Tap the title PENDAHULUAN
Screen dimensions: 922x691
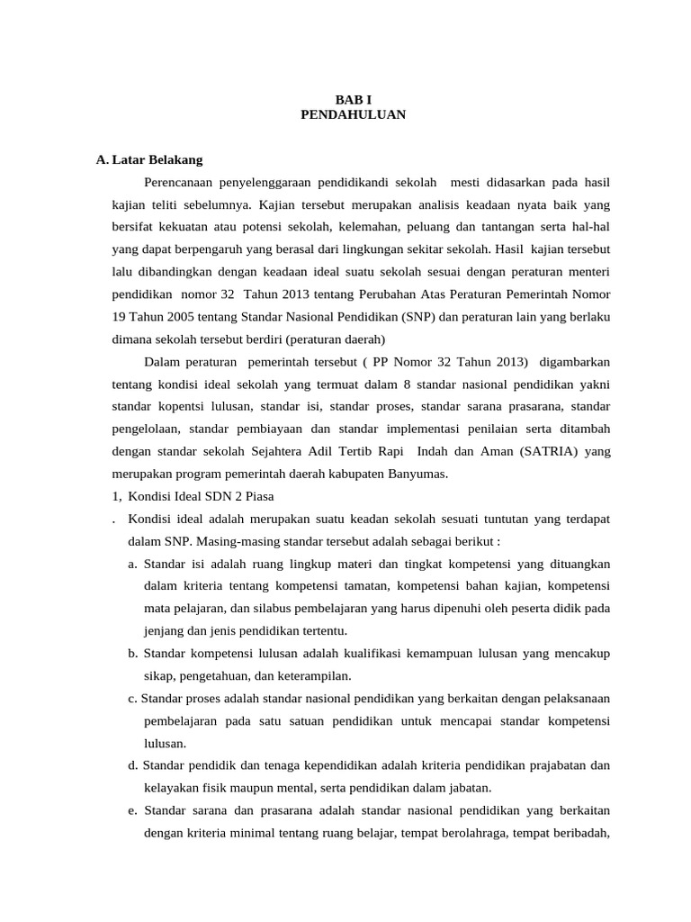[353, 114]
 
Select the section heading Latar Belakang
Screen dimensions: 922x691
[157, 160]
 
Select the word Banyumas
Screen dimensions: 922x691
[416, 474]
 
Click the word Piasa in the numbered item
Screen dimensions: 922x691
[257, 496]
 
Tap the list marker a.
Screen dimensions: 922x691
[132, 564]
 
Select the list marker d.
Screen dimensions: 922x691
[133, 765]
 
